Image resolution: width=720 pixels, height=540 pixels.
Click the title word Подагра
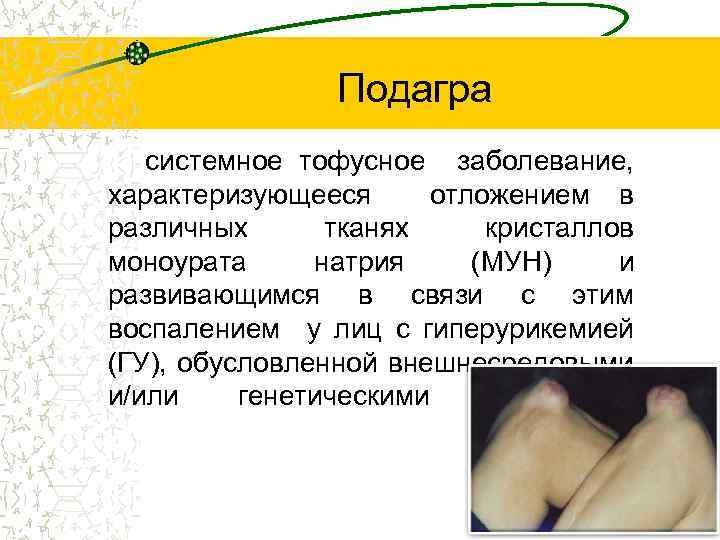pos(414,89)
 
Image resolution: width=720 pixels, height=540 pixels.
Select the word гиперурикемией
pos(529,329)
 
